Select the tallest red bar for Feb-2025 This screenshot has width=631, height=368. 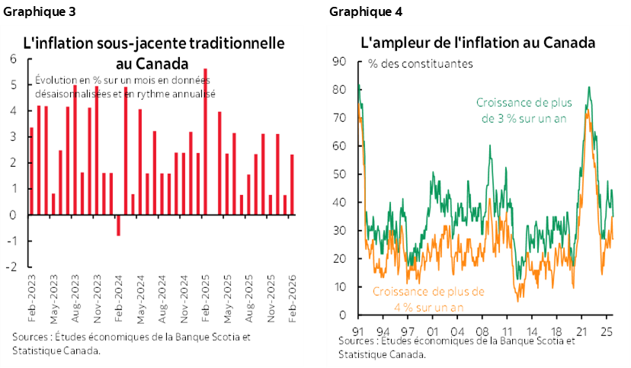pos(205,142)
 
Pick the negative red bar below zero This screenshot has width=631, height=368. pos(118,225)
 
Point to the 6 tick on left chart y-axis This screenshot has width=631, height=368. pos(14,59)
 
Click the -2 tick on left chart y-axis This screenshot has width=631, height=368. pos(12,267)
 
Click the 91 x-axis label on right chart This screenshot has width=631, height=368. pos(358,332)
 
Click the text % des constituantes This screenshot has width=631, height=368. pos(420,64)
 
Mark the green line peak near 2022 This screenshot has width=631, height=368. pos(588,88)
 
